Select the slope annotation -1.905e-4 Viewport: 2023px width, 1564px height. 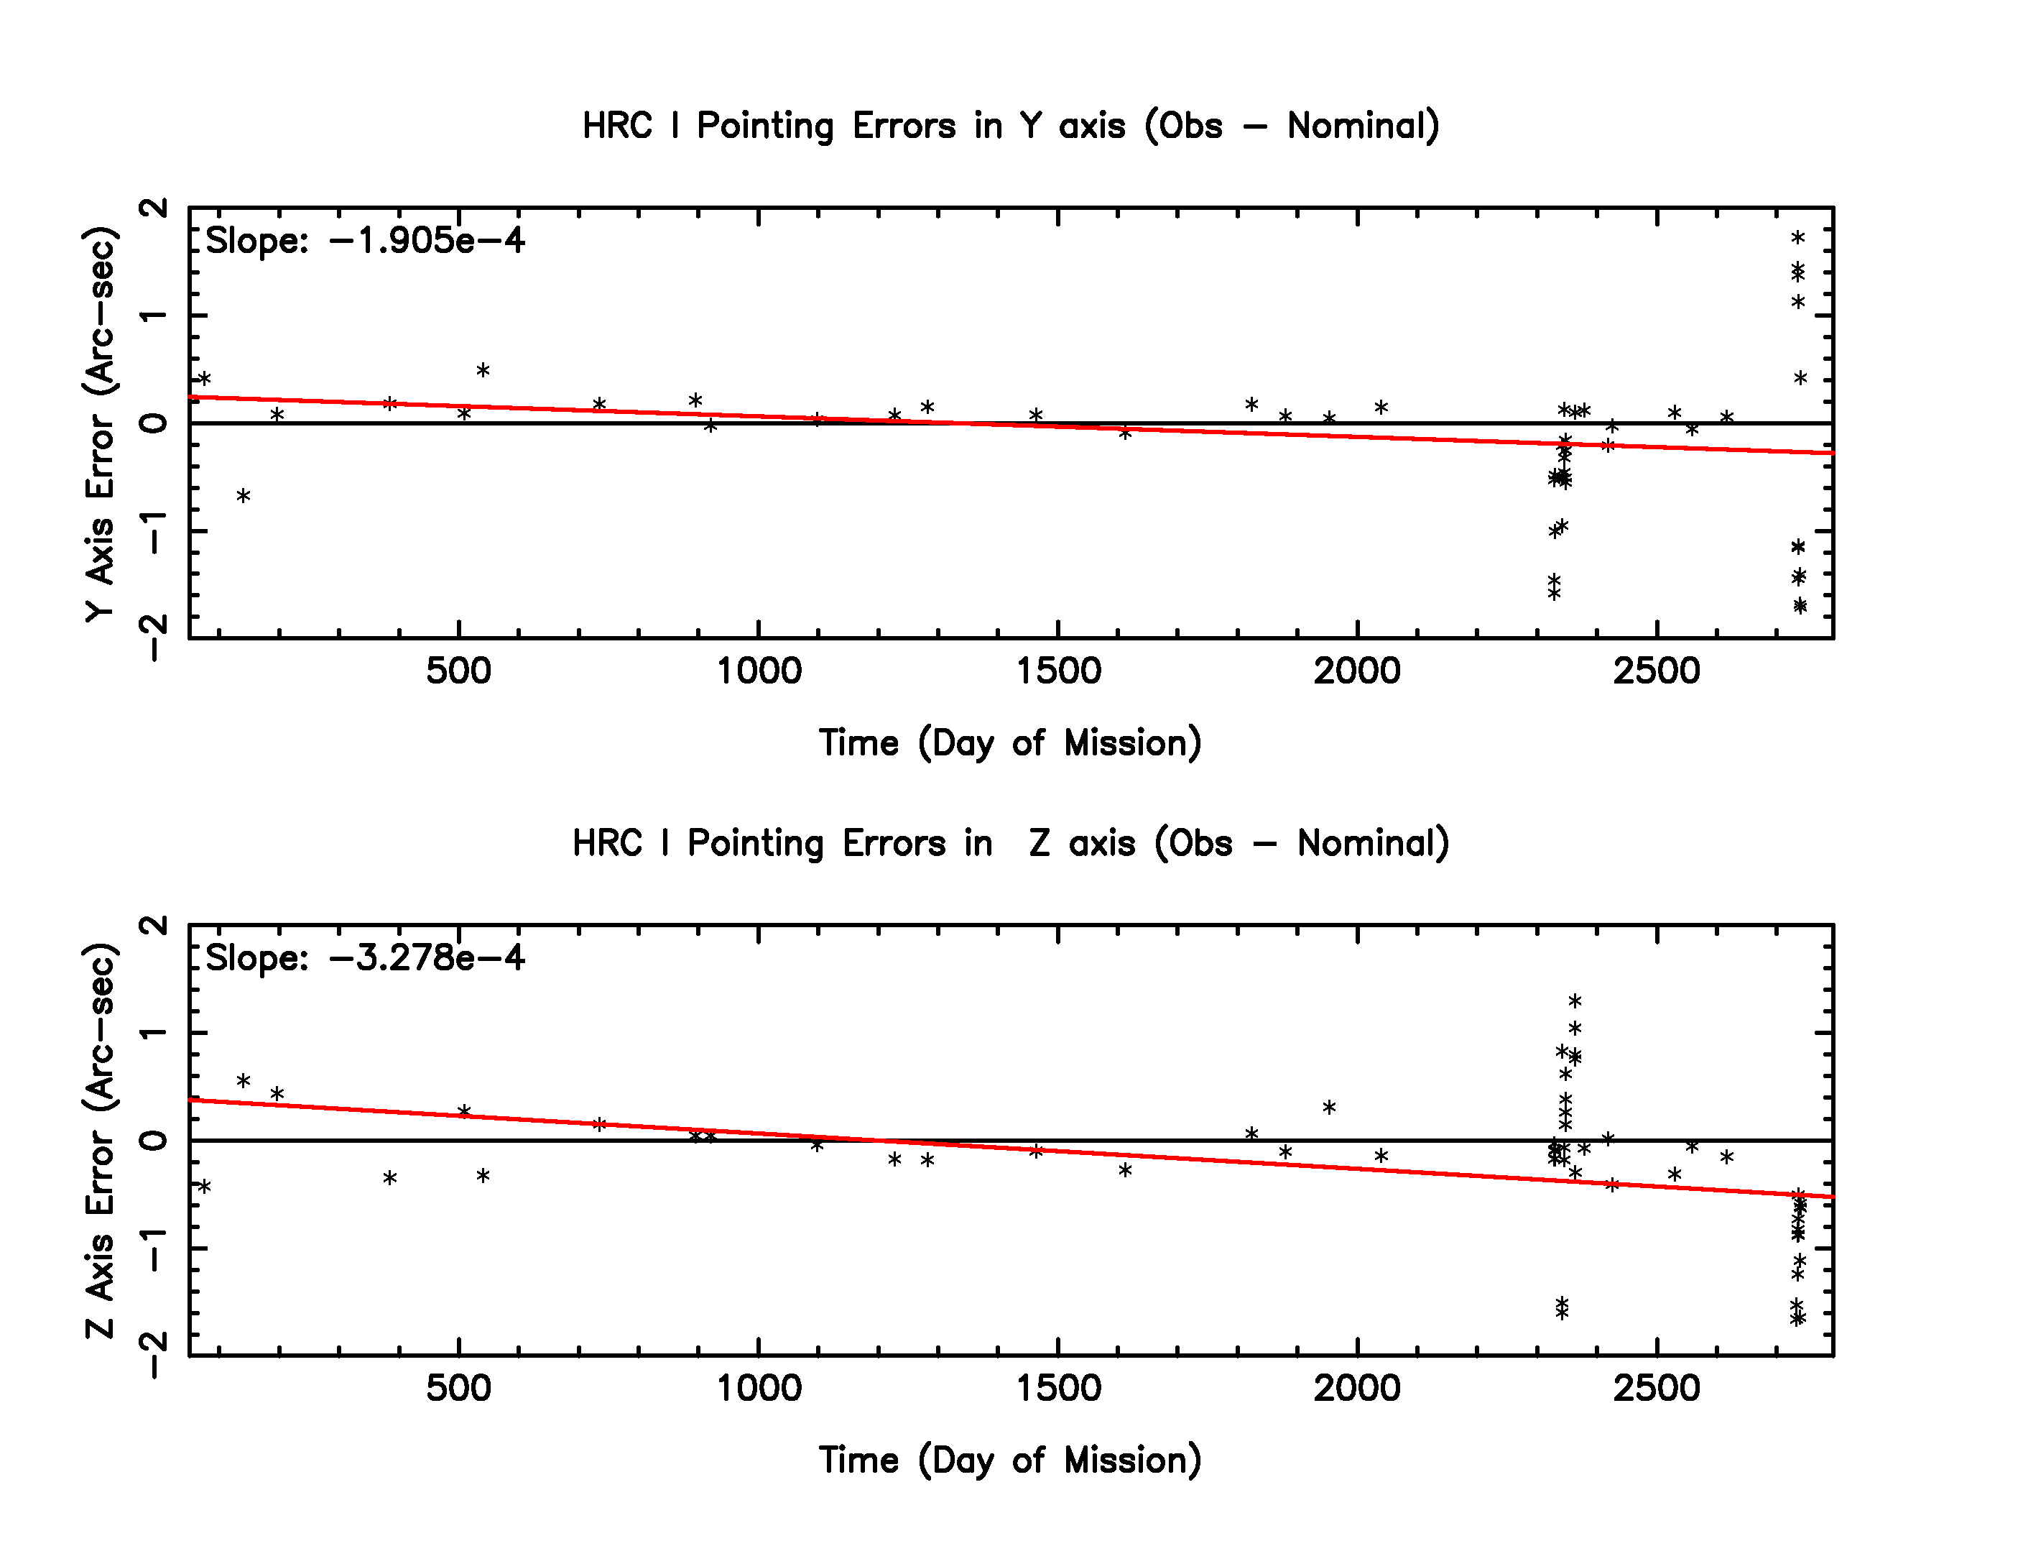coord(364,241)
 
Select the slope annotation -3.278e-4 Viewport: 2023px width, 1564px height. coord(364,958)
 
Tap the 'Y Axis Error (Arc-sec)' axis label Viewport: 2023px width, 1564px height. coord(100,423)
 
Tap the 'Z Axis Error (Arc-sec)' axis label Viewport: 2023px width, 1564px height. coord(100,1141)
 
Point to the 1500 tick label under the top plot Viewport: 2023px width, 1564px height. coord(1059,671)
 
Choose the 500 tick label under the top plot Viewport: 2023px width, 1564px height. coord(458,671)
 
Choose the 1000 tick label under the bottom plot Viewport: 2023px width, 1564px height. coord(759,1388)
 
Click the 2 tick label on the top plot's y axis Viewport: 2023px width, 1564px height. coord(154,208)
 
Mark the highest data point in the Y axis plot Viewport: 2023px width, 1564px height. coord(1798,237)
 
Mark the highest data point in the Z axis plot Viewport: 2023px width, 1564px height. coord(1575,1000)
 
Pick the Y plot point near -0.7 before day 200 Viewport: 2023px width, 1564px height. coord(244,496)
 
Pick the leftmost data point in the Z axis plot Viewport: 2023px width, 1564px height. coord(205,1186)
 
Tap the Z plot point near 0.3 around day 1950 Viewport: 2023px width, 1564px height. coord(1329,1107)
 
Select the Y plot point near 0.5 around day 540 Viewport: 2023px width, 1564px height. coord(483,371)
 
